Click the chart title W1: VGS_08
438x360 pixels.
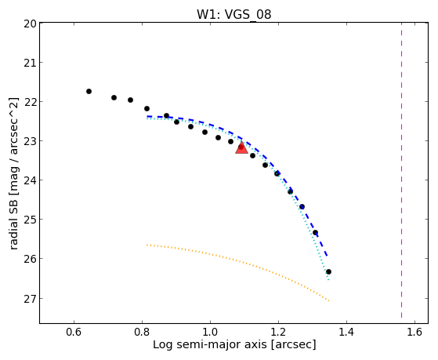click(x=233, y=15)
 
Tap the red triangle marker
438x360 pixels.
click(x=241, y=148)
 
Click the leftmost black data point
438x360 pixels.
click(x=89, y=91)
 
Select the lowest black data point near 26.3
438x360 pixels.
click(x=328, y=271)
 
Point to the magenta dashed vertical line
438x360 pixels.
click(x=401, y=170)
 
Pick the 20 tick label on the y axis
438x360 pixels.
click(x=31, y=24)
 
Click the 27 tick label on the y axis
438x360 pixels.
click(x=31, y=299)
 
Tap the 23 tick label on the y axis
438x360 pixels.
click(x=31, y=141)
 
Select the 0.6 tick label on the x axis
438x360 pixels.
click(x=74, y=332)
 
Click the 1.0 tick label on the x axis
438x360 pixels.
click(x=210, y=332)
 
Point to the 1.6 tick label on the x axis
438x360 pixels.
click(x=414, y=332)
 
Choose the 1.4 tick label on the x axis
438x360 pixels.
click(x=346, y=332)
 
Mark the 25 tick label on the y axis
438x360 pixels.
click(x=31, y=220)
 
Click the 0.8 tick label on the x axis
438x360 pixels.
click(x=142, y=332)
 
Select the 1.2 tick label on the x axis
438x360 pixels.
click(x=278, y=332)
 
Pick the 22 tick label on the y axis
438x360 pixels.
click(x=31, y=102)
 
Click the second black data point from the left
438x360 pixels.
click(x=114, y=97)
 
